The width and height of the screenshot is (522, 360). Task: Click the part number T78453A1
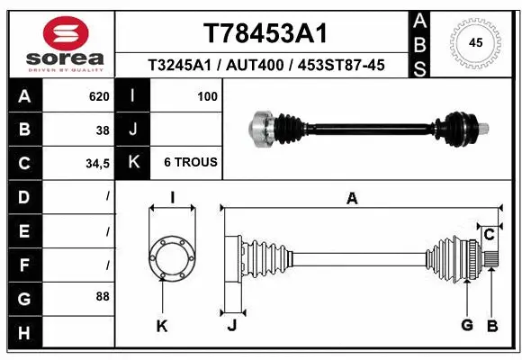(264, 33)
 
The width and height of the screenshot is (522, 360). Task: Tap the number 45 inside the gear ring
(476, 41)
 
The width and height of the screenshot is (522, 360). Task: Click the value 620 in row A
(99, 96)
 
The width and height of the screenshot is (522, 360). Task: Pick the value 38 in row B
(103, 130)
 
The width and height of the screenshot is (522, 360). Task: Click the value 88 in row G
(103, 296)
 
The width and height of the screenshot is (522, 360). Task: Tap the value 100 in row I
(207, 96)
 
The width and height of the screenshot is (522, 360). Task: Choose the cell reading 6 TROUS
(190, 163)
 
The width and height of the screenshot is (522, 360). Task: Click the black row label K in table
(133, 163)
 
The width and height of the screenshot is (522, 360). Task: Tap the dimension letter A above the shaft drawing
(352, 199)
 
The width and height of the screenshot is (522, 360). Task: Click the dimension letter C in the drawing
(489, 235)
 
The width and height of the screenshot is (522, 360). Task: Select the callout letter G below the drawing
(466, 325)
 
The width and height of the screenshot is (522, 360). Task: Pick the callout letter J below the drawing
(231, 325)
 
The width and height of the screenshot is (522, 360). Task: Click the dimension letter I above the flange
(172, 199)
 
